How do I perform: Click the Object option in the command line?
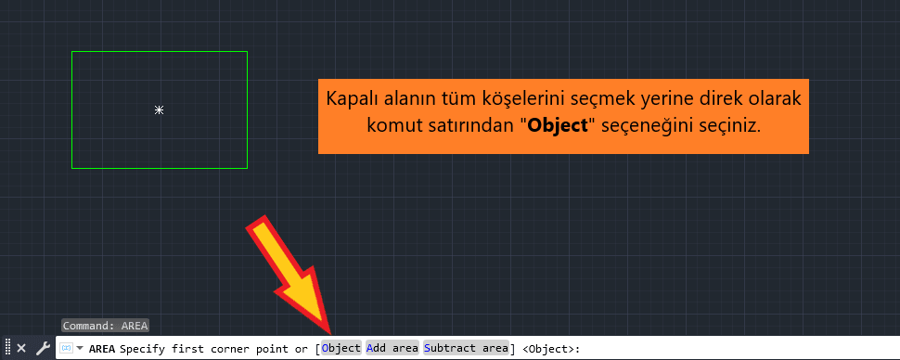click(x=341, y=348)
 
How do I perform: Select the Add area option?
click(x=392, y=348)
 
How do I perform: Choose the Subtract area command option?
click(x=466, y=348)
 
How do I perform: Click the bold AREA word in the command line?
click(x=102, y=348)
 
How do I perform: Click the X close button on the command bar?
click(x=21, y=348)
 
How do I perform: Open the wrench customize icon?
click(x=43, y=348)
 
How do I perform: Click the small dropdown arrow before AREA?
click(x=80, y=348)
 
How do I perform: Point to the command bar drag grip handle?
click(x=7, y=348)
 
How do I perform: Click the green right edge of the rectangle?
click(x=248, y=109)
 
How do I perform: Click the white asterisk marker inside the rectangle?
click(x=160, y=110)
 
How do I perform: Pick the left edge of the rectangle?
click(x=72, y=109)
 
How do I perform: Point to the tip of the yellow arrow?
click(x=328, y=329)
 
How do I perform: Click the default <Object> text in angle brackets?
click(x=548, y=348)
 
